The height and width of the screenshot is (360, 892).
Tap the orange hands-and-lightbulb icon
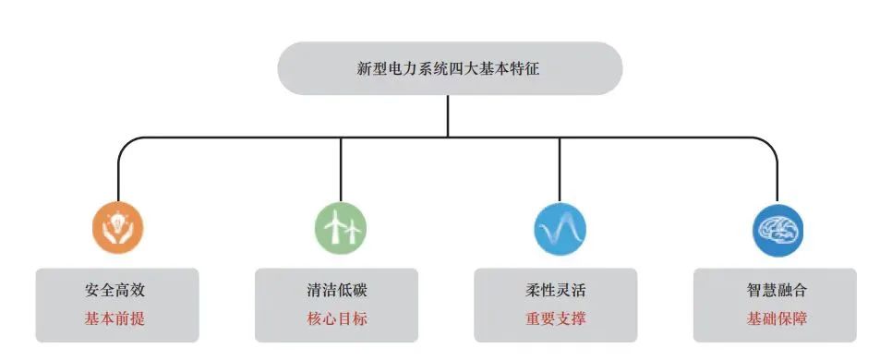(x=118, y=227)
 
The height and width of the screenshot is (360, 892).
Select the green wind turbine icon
(x=340, y=227)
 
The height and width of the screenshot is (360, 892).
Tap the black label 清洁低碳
(x=336, y=290)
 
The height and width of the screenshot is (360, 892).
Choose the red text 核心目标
(x=336, y=319)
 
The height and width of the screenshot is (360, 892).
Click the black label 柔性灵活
(x=555, y=290)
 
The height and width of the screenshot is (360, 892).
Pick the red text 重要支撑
(x=555, y=319)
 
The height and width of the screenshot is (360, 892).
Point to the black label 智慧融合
(x=777, y=290)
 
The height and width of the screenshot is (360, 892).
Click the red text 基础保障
(x=777, y=319)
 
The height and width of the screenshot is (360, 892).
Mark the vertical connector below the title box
(x=448, y=115)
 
